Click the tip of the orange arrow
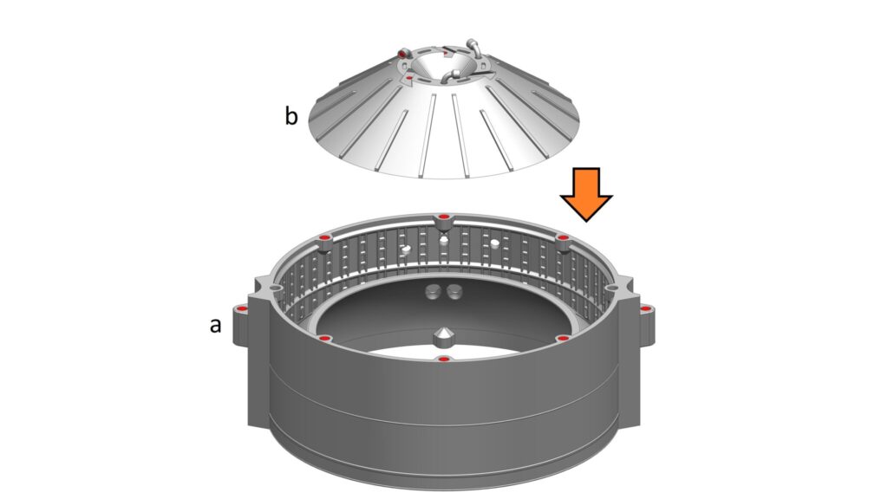pyautogui.click(x=586, y=221)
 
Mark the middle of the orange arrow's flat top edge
pyautogui.click(x=586, y=168)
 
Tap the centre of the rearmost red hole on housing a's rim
pyautogui.click(x=443, y=217)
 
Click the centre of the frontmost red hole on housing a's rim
pyautogui.click(x=444, y=360)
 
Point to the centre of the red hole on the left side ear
pyautogui.click(x=243, y=309)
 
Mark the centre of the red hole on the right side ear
pyautogui.click(x=645, y=309)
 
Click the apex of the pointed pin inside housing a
pyautogui.click(x=444, y=328)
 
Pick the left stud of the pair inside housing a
pyautogui.click(x=434, y=292)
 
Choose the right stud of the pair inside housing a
pyautogui.click(x=454, y=292)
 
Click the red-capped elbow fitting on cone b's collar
pyautogui.click(x=404, y=53)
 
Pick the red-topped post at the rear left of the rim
pyautogui.click(x=325, y=243)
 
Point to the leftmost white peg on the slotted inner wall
pyautogui.click(x=406, y=249)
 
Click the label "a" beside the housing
pyautogui.click(x=215, y=326)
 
